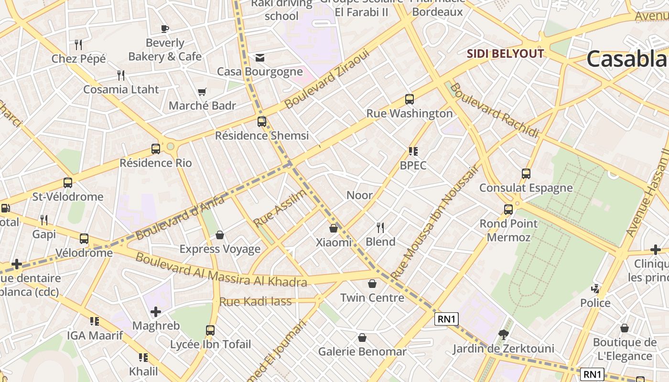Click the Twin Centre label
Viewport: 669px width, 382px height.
(x=372, y=298)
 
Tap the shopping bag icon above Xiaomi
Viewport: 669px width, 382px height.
(x=334, y=229)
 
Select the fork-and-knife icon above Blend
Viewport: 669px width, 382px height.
(x=380, y=227)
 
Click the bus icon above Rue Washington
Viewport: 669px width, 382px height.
(x=409, y=99)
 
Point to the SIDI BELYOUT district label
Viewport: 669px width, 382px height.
(x=505, y=53)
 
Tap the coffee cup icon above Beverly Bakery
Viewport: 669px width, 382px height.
(x=165, y=29)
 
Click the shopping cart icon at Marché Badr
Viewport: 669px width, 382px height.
(x=202, y=92)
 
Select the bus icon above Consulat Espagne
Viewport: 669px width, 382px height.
(x=526, y=174)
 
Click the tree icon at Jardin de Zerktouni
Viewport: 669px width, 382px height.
(x=503, y=334)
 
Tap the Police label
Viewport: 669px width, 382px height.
(x=595, y=303)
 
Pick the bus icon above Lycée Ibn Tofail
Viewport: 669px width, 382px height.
(x=210, y=330)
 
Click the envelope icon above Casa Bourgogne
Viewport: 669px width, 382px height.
(x=260, y=58)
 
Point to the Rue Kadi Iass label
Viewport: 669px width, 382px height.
(x=255, y=301)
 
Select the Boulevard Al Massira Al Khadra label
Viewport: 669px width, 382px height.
(x=221, y=270)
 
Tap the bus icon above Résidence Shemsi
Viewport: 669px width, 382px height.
(x=261, y=121)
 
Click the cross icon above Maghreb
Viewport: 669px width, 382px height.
(x=156, y=312)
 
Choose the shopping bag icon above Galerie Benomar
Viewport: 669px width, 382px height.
(x=362, y=338)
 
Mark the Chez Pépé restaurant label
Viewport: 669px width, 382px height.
(x=79, y=59)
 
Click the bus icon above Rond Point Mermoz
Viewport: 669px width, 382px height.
(x=508, y=209)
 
